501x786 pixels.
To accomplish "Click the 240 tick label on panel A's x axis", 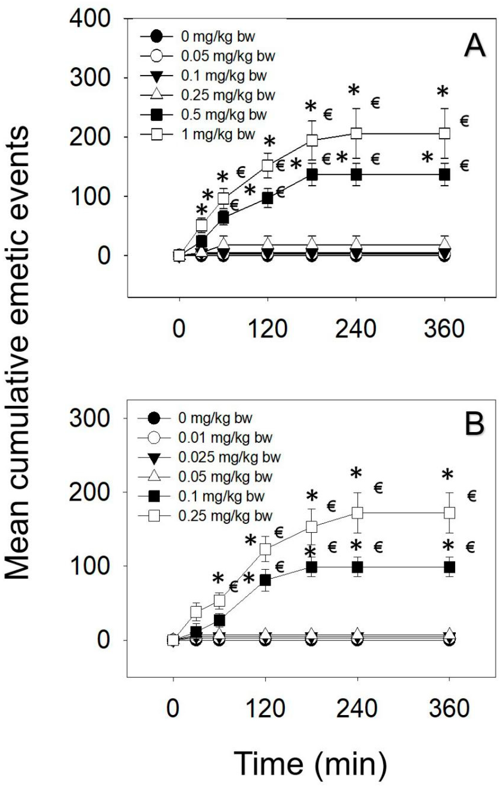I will (x=356, y=329).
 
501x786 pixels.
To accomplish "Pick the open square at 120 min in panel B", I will (x=265, y=549).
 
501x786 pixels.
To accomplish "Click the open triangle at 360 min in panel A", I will (x=445, y=244).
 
